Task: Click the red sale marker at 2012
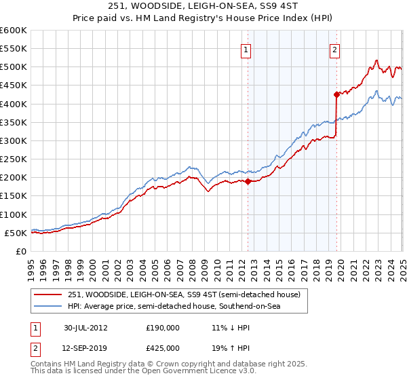(248, 181)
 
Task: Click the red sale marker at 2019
(336, 94)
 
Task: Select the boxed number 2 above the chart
(335, 49)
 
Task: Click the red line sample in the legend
(48, 294)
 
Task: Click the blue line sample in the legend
(48, 307)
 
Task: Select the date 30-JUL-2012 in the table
(85, 327)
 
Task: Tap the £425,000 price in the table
(162, 347)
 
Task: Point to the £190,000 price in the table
(162, 327)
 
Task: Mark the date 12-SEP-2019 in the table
(86, 347)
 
